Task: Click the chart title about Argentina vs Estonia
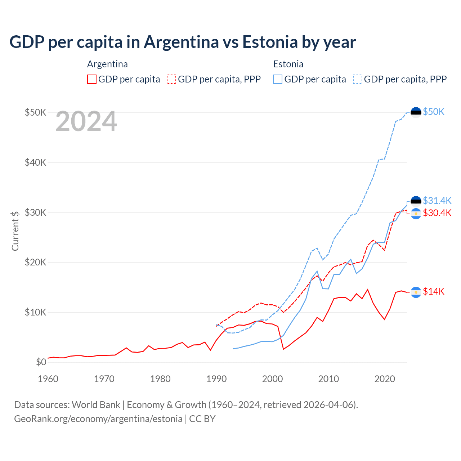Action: tap(183, 42)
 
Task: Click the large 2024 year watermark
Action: tap(86, 122)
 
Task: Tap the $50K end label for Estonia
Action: tap(434, 112)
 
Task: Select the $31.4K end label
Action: tap(437, 200)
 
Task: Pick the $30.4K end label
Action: tap(437, 213)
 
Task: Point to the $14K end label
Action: tap(434, 291)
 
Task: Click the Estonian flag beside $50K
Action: tap(416, 112)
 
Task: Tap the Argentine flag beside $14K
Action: tap(416, 292)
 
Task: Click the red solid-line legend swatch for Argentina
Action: tap(92, 79)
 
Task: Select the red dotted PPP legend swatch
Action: tap(171, 79)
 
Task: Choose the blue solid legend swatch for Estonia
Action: tap(278, 79)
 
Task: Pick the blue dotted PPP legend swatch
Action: tap(358, 79)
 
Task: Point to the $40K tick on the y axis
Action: tap(35, 162)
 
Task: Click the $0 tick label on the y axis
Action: tap(41, 362)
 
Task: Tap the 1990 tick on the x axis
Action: tap(216, 379)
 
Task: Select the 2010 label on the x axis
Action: tap(328, 379)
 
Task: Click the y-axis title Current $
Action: tap(15, 231)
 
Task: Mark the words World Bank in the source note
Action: tap(96, 405)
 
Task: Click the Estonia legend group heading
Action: tap(288, 64)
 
